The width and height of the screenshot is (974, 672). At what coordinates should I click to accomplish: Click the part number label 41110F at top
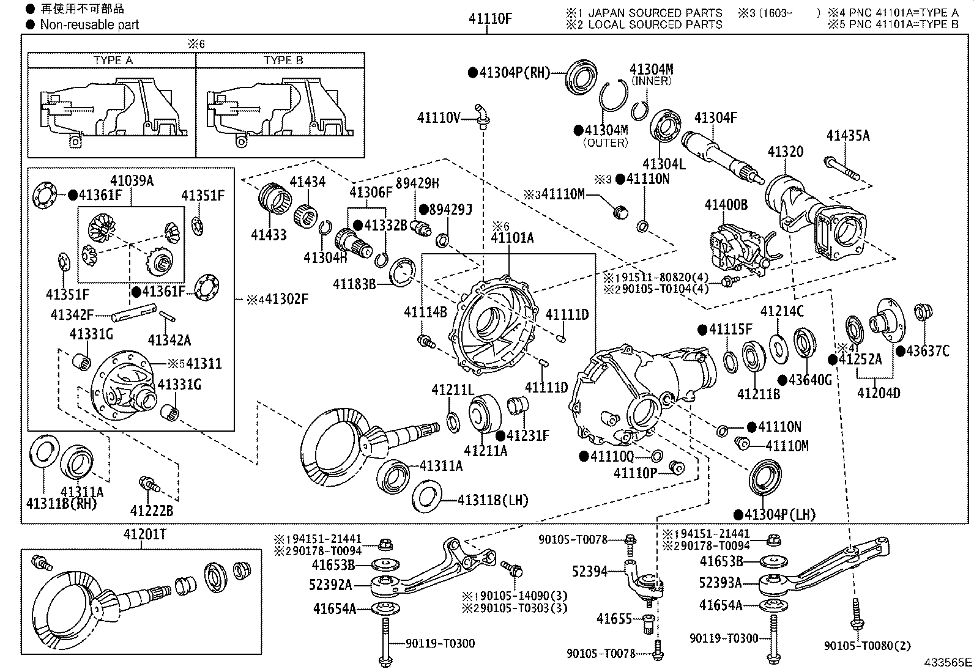coord(490,19)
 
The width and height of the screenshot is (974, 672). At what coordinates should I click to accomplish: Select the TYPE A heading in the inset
coord(113,61)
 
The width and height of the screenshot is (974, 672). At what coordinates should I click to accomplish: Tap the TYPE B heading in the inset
coord(283,61)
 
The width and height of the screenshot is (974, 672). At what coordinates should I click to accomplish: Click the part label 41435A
coord(847,136)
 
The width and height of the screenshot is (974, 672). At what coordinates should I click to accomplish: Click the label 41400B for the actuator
coord(726,205)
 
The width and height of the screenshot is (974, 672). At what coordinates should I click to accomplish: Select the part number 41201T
coord(144,534)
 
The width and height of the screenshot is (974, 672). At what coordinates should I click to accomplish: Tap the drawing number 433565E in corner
coord(948,662)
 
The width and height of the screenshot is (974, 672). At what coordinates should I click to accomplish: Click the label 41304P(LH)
coord(780,514)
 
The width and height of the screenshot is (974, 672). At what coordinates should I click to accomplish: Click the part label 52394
coord(590,571)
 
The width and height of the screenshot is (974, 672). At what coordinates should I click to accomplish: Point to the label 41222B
coord(151,511)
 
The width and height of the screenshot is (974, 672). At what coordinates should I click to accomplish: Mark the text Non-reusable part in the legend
coord(89,25)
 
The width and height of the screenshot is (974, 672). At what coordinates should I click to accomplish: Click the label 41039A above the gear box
coord(132,180)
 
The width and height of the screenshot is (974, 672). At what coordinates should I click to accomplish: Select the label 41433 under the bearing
coord(268,235)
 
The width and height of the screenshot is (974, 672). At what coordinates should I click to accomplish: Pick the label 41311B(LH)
coord(493,500)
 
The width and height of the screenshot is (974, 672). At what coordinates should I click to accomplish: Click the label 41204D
coord(879,393)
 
